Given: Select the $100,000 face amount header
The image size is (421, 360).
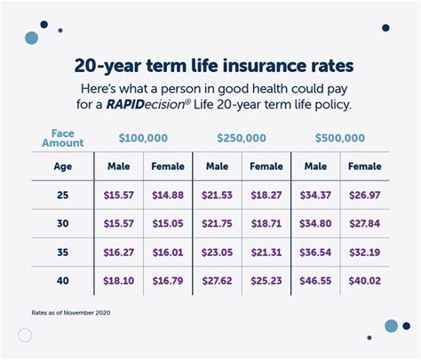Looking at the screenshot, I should tap(145, 139).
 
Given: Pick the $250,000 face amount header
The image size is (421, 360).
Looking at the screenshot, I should tap(242, 139).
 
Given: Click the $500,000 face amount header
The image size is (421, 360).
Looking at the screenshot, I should tap(340, 139).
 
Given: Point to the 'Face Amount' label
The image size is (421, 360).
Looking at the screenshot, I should tap(62, 137).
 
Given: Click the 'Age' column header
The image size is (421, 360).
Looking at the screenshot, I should tap(63, 166).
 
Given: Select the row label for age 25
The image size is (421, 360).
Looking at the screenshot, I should tap(63, 195).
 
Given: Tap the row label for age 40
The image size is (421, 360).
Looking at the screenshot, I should tap(63, 280).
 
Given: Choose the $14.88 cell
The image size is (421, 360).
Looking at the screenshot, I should tap(169, 195).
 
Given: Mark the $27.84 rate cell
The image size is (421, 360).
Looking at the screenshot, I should tap(364, 223).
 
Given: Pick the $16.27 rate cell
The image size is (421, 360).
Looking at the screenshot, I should tap(119, 252).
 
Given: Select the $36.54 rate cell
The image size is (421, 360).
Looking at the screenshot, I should tap(315, 252).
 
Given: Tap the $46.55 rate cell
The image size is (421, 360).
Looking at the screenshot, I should tap(315, 280).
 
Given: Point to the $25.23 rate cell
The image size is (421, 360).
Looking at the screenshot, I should tap(266, 280).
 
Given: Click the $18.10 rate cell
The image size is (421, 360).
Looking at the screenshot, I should tap(119, 280).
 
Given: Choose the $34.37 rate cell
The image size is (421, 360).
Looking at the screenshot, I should tap(315, 195).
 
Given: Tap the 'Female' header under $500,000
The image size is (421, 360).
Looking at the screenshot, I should tap(364, 166).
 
